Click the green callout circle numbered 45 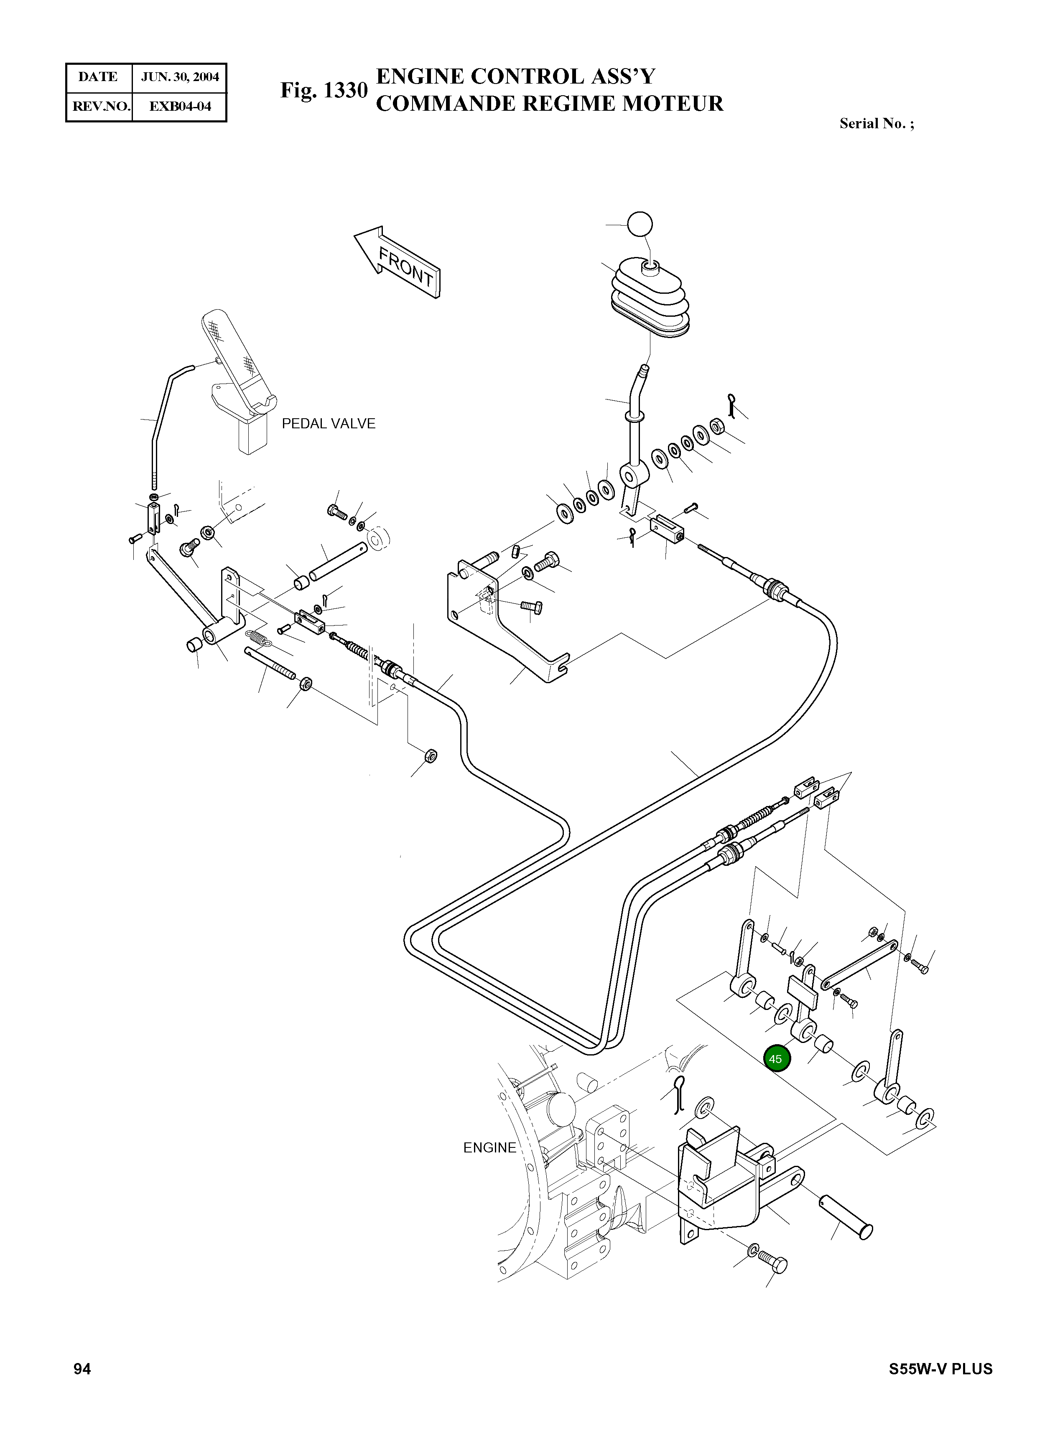[776, 1058]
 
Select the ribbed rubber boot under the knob [650, 296]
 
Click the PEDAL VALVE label [328, 424]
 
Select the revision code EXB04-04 [180, 106]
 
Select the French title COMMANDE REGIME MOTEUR [549, 103]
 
